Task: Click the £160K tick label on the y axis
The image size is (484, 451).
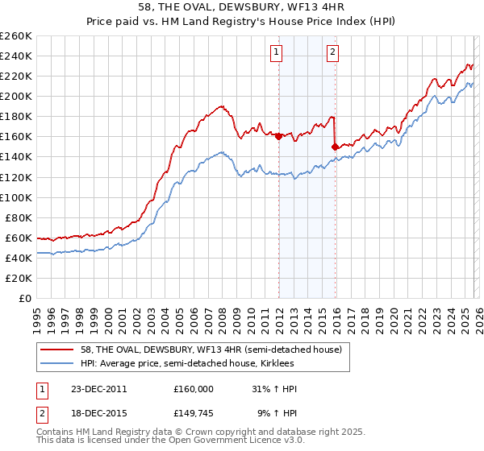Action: coord(16,136)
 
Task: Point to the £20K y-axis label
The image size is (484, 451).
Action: coord(19,278)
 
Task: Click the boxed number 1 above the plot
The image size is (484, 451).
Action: coord(277,52)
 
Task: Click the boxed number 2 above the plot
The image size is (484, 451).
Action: coord(332,52)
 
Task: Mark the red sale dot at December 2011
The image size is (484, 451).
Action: coord(278,136)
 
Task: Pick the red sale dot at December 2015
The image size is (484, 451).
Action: coord(335,147)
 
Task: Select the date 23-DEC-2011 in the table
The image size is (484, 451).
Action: coord(98,389)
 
